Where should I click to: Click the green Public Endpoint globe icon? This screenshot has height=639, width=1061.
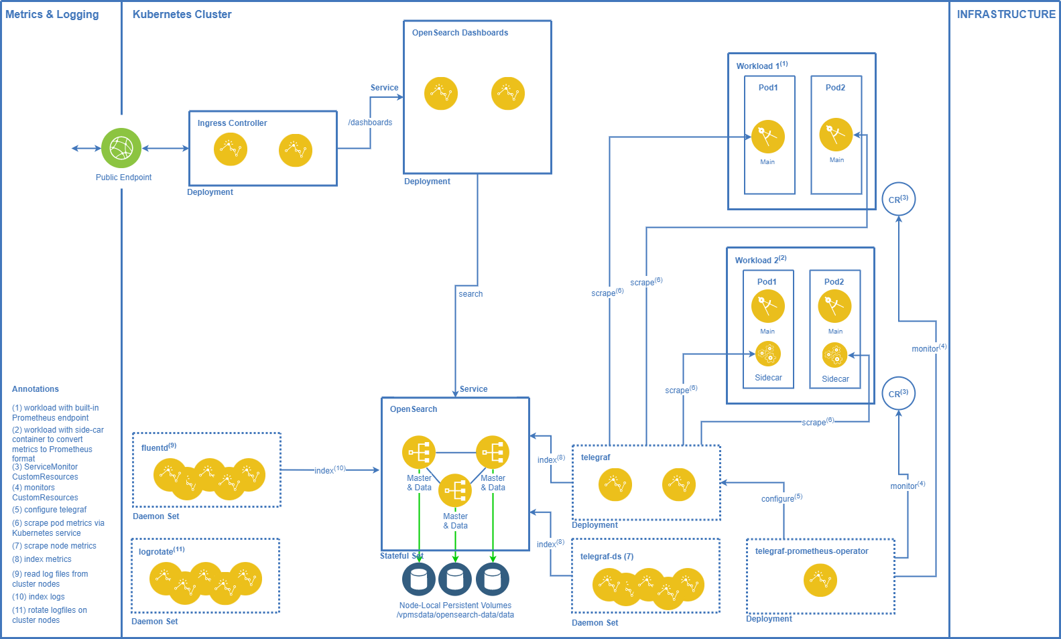121,148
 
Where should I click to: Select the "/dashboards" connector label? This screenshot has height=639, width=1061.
370,123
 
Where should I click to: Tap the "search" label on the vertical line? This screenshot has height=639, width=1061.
471,294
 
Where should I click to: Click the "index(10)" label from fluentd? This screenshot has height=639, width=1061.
330,470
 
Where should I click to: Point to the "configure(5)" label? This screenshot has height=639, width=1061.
782,498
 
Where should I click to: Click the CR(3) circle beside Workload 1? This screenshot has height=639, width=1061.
898,199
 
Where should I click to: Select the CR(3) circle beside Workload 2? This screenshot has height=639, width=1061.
898,393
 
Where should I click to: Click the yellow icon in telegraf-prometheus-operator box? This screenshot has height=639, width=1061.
820,580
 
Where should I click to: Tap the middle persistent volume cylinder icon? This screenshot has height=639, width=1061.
455,579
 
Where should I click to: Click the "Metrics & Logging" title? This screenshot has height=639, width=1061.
52,14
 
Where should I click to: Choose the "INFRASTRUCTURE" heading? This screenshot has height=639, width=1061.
1005,14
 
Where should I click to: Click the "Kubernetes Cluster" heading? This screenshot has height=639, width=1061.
182,14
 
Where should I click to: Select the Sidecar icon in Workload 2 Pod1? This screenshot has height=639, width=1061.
768,354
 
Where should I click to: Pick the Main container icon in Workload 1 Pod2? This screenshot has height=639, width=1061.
836,135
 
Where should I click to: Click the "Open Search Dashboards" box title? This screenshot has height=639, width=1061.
460,33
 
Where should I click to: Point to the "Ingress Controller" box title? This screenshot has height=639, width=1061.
232,123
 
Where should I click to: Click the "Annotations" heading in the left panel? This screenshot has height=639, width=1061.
35,389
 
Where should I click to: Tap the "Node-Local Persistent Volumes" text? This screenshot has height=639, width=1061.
455,606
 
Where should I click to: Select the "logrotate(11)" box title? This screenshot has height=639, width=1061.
162,551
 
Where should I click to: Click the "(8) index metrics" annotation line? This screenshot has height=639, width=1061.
42,559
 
